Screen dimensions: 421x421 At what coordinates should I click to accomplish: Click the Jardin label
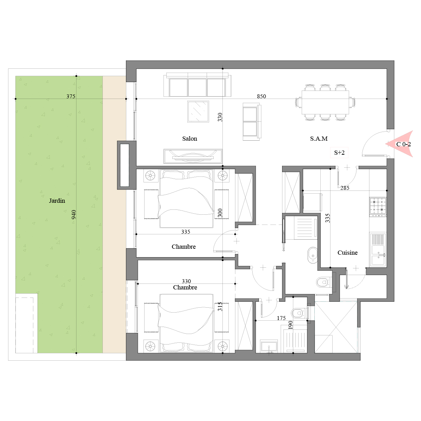(x=57, y=201)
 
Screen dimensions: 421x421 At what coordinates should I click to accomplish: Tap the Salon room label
(x=189, y=139)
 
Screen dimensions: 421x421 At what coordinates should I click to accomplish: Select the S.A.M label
(x=319, y=139)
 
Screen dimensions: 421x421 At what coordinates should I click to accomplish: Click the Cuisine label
(x=347, y=253)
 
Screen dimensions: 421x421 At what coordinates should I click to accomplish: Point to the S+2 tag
(x=339, y=153)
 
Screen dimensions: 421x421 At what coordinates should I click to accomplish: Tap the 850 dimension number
(x=261, y=96)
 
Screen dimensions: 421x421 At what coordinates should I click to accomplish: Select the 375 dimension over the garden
(x=71, y=96)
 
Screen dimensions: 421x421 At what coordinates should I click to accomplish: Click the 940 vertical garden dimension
(x=74, y=214)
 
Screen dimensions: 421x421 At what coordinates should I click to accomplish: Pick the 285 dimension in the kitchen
(x=345, y=188)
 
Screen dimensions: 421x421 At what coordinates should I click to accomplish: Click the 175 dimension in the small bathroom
(x=281, y=318)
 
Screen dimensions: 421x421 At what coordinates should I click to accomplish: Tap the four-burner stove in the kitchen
(x=378, y=207)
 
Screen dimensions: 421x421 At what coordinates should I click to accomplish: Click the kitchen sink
(x=378, y=249)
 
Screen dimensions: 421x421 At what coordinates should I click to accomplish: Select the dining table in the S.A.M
(x=325, y=102)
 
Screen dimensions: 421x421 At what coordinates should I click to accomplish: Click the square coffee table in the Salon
(x=198, y=112)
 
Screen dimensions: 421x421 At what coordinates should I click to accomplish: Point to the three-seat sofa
(x=197, y=85)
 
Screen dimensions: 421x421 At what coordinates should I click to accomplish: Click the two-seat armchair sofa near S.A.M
(x=252, y=121)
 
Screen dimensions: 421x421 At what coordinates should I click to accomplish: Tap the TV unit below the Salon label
(x=193, y=156)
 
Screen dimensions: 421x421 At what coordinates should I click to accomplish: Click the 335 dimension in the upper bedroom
(x=186, y=232)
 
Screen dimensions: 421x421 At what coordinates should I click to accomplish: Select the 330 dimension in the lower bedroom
(x=186, y=281)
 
